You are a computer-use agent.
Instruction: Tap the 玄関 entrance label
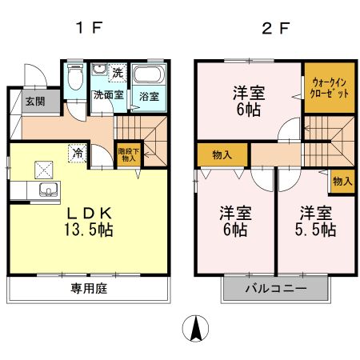34,102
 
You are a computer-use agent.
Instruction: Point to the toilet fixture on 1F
75,80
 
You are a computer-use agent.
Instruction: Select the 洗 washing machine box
117,73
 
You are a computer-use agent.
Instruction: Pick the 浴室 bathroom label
148,96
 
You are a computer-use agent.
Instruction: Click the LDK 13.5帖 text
88,221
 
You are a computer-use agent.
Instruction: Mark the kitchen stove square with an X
42,169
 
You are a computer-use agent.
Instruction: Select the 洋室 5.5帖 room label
317,222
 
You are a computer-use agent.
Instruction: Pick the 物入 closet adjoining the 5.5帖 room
342,182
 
